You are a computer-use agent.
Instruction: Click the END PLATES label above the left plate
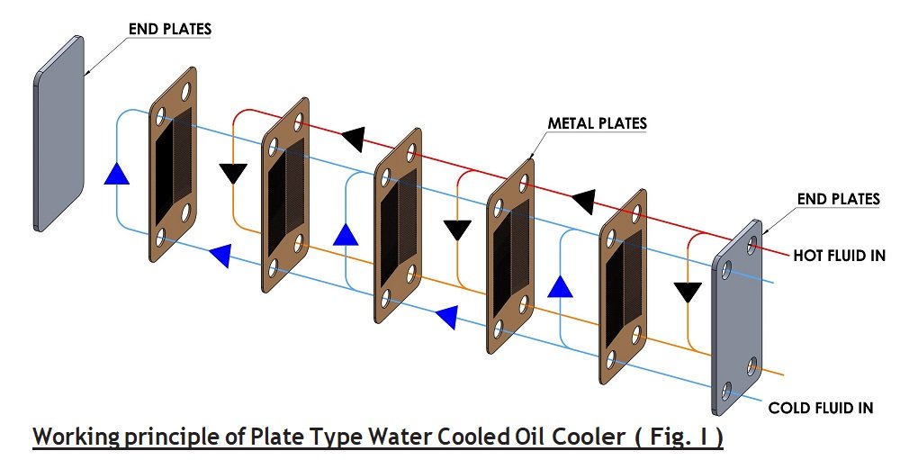[169, 30]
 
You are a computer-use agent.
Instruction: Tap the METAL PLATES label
[598, 123]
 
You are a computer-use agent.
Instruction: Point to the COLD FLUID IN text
[820, 408]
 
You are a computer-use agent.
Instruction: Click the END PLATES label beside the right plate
[838, 198]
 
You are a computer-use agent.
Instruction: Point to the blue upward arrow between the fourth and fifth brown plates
[561, 286]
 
